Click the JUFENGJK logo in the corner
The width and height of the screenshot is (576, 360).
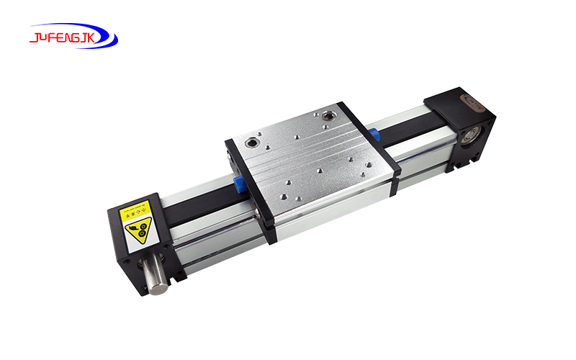[73, 35]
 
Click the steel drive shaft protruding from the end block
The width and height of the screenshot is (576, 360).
[156, 276]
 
